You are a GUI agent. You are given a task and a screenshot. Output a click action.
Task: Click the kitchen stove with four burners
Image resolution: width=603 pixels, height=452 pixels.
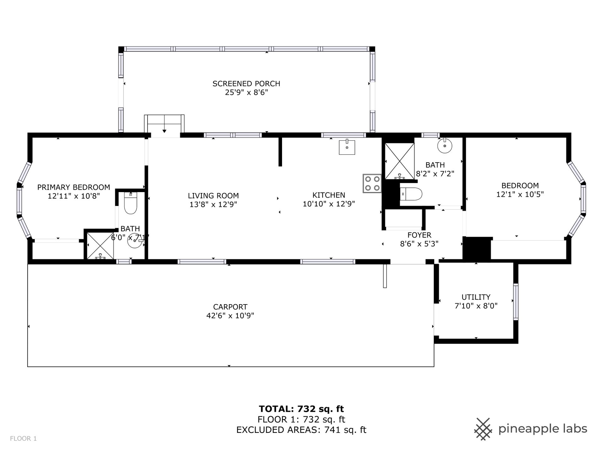tap(372, 183)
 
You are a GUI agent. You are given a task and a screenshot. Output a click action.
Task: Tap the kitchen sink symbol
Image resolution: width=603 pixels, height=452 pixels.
tap(347, 147)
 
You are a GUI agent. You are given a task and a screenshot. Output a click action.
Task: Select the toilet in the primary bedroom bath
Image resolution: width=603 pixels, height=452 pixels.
tap(131, 203)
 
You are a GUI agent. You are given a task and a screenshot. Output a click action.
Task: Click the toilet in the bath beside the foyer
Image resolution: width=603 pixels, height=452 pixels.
tap(411, 194)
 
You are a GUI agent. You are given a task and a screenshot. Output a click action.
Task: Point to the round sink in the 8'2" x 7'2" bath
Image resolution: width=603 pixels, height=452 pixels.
tap(445, 146)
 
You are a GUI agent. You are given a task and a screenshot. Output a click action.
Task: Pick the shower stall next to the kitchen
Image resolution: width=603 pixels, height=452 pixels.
tap(399, 161)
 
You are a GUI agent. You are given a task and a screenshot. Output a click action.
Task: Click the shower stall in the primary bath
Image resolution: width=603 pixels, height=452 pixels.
tap(100, 246)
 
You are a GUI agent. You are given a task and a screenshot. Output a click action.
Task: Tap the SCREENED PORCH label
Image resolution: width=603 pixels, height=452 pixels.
tap(246, 83)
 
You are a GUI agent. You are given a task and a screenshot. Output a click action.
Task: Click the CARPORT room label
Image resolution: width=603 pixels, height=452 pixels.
tap(230, 307)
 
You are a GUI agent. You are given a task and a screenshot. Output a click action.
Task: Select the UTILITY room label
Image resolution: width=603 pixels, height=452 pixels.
tap(476, 297)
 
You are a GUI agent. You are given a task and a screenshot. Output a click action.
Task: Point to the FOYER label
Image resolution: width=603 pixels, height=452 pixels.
tap(419, 235)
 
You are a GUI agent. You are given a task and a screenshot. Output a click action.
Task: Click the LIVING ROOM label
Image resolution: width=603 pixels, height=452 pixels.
tap(213, 196)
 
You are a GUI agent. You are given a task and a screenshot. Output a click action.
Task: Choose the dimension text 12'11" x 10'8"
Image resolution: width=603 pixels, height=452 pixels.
tap(73, 196)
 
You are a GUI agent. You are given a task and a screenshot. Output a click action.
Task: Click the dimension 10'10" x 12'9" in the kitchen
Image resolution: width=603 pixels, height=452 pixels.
tap(329, 204)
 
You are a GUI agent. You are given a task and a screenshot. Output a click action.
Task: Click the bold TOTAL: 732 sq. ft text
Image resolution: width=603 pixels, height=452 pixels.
tap(301, 409)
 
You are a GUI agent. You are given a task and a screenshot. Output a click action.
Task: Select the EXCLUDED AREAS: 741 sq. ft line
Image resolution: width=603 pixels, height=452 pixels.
tap(301, 430)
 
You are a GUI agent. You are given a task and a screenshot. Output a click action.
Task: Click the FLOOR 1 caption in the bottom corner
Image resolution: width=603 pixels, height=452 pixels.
tap(24, 439)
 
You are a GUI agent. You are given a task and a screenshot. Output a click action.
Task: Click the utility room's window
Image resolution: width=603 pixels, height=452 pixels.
tap(516, 302)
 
